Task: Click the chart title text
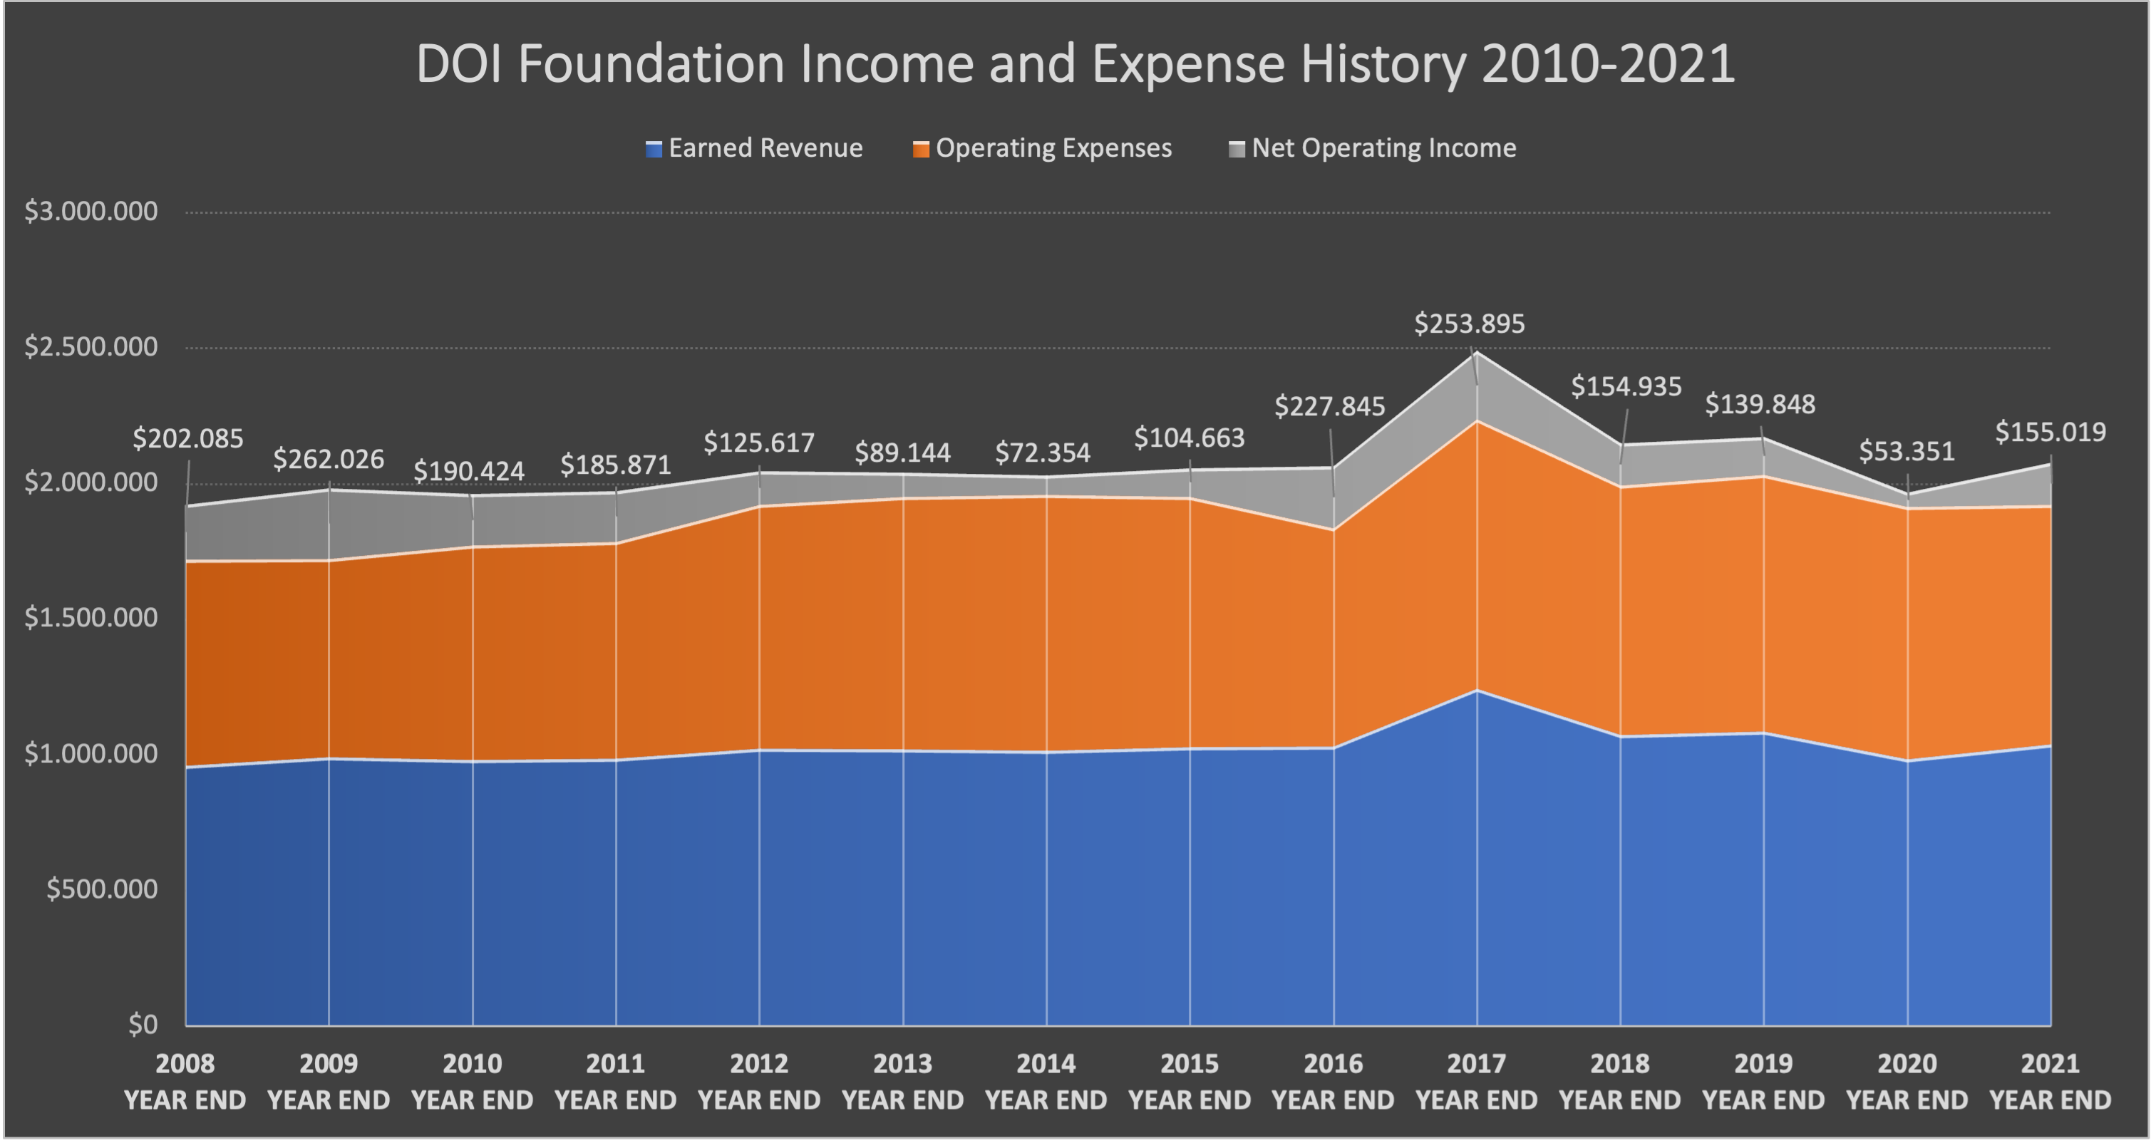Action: (1076, 63)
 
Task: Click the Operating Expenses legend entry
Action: (1043, 148)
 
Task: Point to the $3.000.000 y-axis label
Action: (91, 212)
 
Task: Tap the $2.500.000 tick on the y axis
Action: (91, 347)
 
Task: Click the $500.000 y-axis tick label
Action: (101, 889)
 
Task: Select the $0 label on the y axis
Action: (143, 1025)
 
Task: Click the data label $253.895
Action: (1469, 324)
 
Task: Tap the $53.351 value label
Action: (1907, 452)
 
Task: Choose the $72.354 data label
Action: (1042, 453)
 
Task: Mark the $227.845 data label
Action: (1329, 407)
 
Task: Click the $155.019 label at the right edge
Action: (2050, 433)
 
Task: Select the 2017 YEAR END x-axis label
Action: (1476, 1081)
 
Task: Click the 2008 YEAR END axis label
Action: (185, 1081)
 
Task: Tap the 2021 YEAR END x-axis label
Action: (2050, 1081)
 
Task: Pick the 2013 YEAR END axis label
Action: (902, 1081)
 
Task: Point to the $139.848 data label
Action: (1760, 405)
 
